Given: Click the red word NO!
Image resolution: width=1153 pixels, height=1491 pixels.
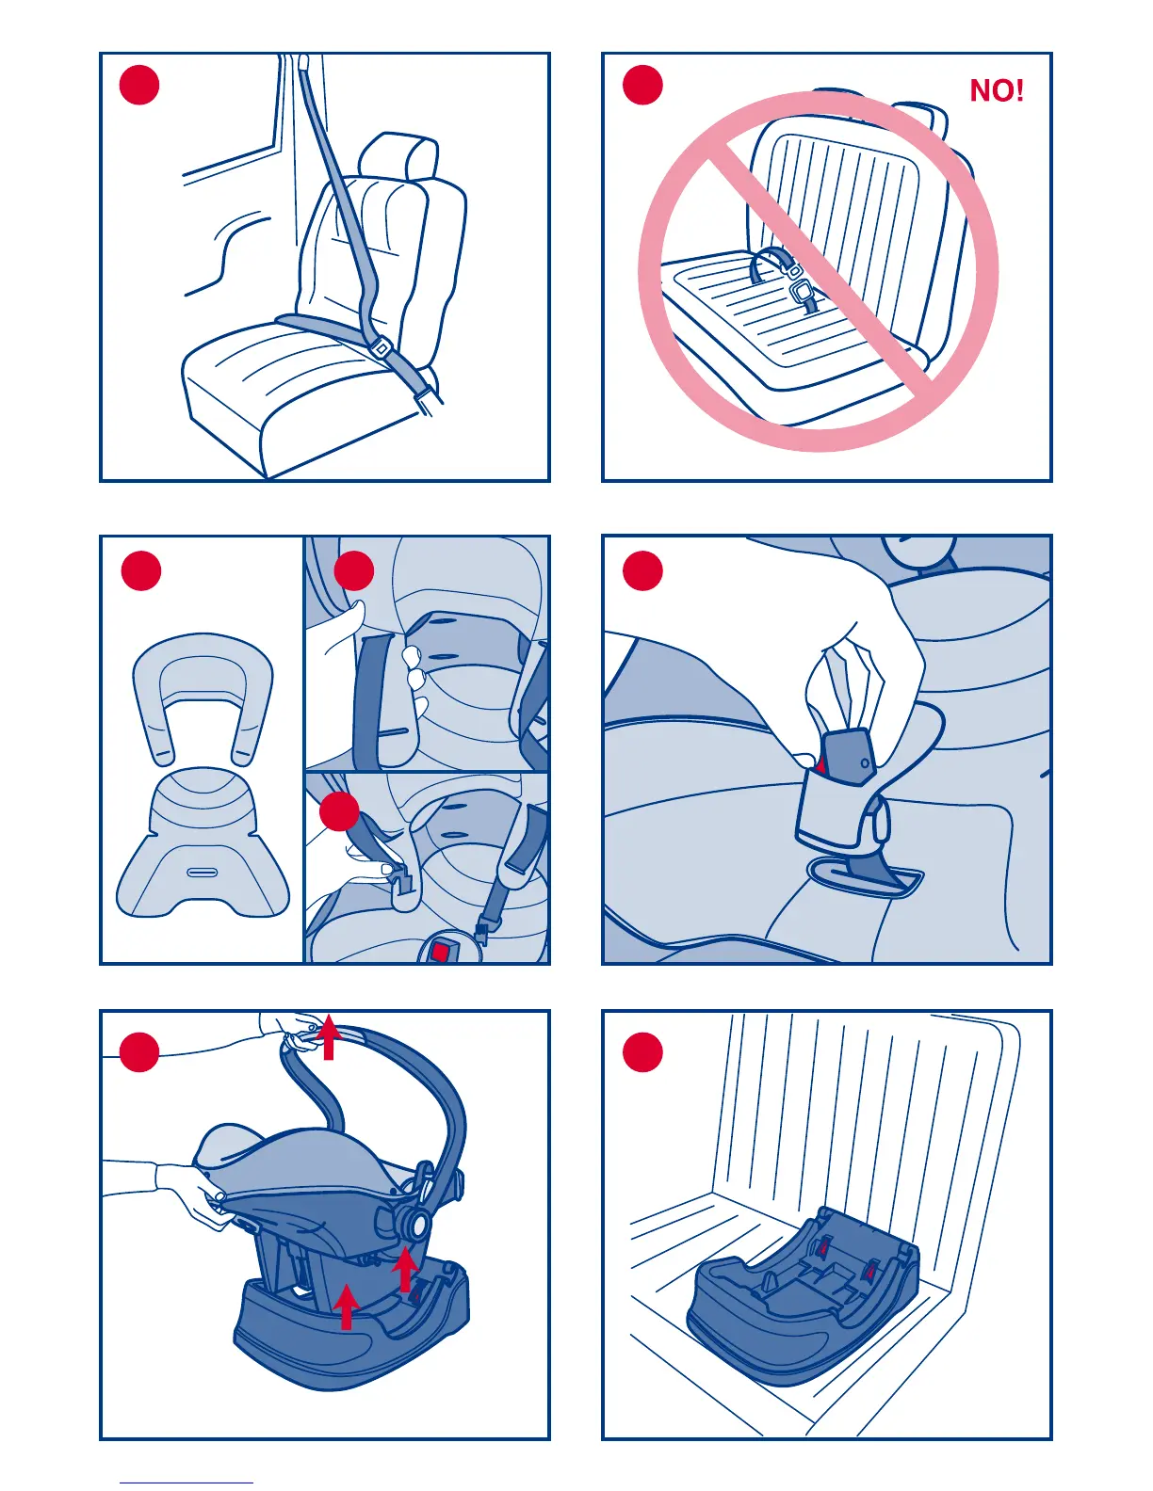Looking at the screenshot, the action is coord(996,90).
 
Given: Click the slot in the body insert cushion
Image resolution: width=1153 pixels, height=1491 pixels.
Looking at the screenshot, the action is coord(202,872).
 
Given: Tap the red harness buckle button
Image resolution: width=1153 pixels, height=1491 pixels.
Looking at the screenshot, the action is coord(439,952).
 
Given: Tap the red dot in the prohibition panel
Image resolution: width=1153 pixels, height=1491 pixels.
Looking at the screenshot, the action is coord(642,85).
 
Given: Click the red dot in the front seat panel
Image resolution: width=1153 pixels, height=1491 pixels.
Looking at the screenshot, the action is coord(139,85).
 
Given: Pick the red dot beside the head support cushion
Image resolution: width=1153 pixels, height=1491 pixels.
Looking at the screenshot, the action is coord(140,570).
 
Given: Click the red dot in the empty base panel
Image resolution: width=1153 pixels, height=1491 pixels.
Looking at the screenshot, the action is coord(642,1052).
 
